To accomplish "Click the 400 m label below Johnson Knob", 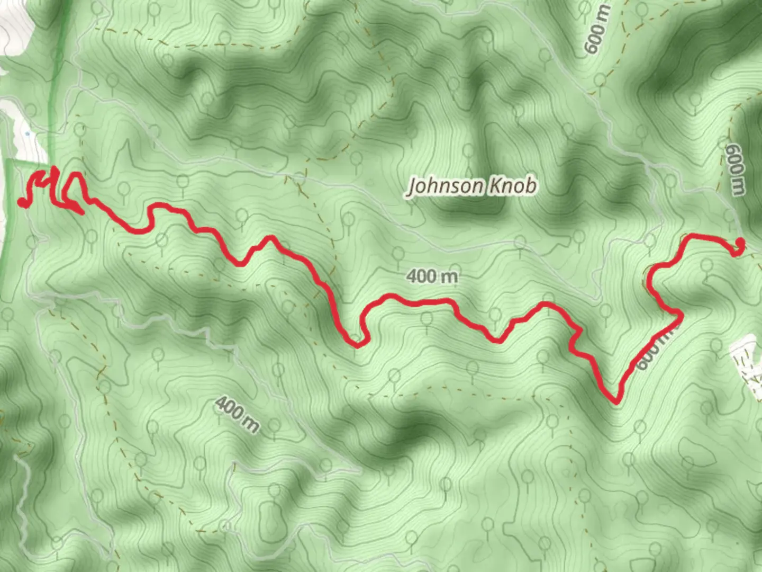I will [432, 276].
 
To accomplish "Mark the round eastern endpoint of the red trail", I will [740, 243].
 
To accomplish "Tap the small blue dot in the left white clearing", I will [27, 135].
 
